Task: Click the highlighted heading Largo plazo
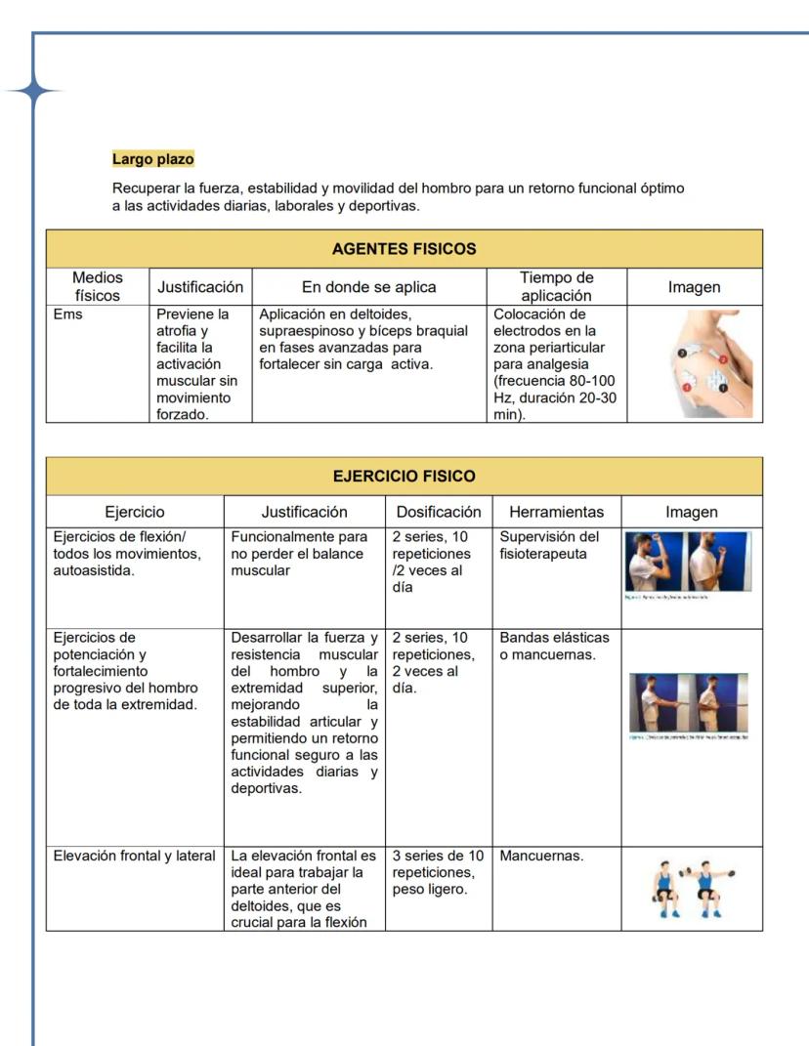pyautogui.click(x=152, y=158)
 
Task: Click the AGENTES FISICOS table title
pyautogui.click(x=404, y=249)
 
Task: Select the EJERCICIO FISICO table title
pyautogui.click(x=404, y=477)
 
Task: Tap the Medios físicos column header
pyautogui.click(x=98, y=287)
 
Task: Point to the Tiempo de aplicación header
pyautogui.click(x=556, y=287)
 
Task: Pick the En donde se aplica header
pyautogui.click(x=368, y=287)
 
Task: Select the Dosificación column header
pyautogui.click(x=439, y=512)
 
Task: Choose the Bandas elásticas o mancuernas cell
pyautogui.click(x=553, y=647)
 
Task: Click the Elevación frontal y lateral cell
pyautogui.click(x=134, y=857)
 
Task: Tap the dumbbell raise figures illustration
pyautogui.click(x=692, y=889)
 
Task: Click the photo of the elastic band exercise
pyautogui.click(x=690, y=704)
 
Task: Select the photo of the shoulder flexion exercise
pyautogui.click(x=689, y=565)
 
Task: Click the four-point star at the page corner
pyautogui.click(x=33, y=92)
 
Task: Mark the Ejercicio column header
pyautogui.click(x=135, y=512)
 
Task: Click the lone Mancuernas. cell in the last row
pyautogui.click(x=541, y=857)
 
